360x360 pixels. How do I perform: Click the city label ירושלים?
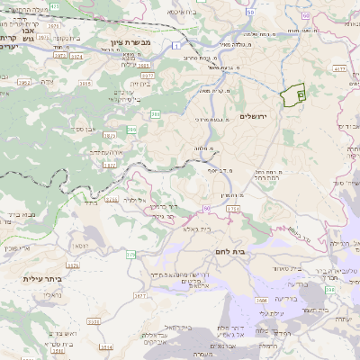256,117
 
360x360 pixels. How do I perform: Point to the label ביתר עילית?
41,279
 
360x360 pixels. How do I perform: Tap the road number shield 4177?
340,67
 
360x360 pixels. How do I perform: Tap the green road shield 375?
130,256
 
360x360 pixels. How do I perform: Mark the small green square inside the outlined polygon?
300,93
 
